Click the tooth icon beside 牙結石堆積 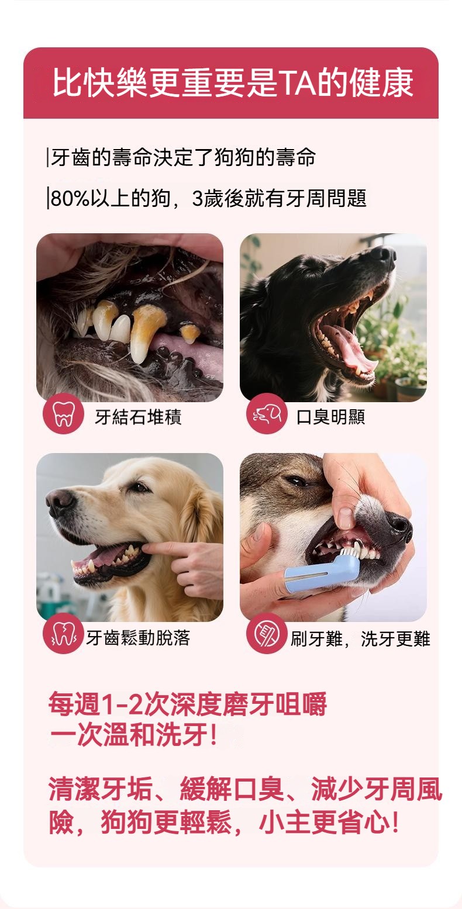click(63, 414)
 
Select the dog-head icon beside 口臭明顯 click(267, 414)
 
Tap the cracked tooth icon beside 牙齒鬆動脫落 click(63, 634)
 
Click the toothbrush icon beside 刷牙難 click(267, 634)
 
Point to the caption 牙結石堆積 click(138, 417)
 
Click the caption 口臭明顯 click(330, 417)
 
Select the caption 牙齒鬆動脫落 click(138, 638)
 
